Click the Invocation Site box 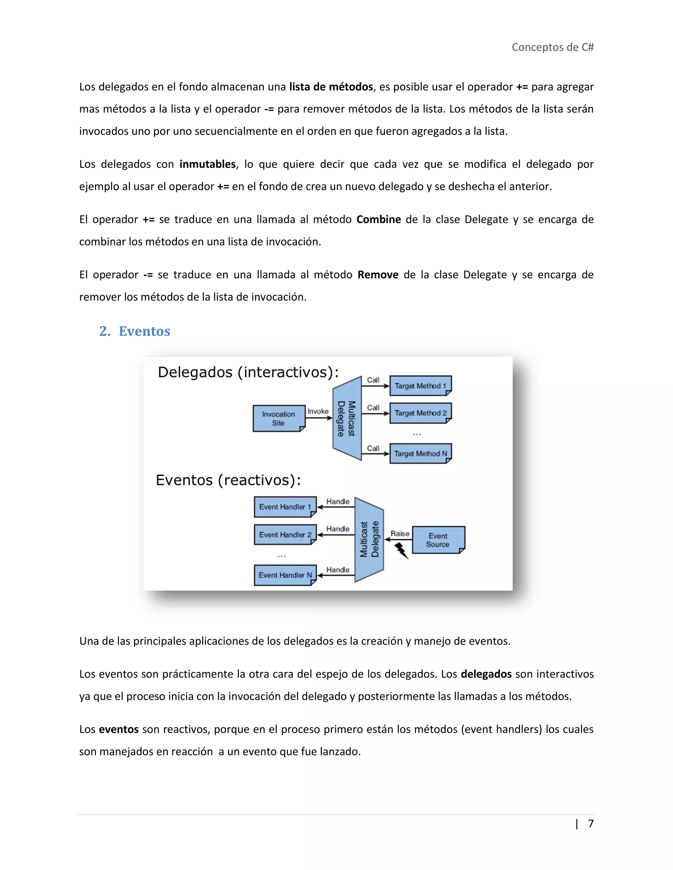[x=278, y=418]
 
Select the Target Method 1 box [x=420, y=386]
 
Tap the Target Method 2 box [x=420, y=413]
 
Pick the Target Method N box [x=420, y=454]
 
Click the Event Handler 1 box [x=285, y=507]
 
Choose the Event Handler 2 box [x=285, y=534]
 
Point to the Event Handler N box [x=285, y=575]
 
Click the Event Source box [x=438, y=540]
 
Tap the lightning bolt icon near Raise [x=401, y=551]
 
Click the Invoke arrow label [x=318, y=411]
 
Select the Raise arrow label [x=400, y=533]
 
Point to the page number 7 [x=591, y=823]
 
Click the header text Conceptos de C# [x=553, y=47]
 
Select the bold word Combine [x=378, y=220]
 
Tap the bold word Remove [x=378, y=275]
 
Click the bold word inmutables [x=207, y=164]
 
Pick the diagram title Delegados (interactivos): [x=248, y=372]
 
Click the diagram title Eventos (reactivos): [x=228, y=480]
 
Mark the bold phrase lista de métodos [x=331, y=87]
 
